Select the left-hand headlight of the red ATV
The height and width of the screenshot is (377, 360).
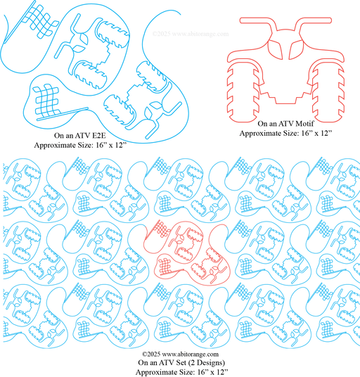coord(276,49)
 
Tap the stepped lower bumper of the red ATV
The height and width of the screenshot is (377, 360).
coord(285,96)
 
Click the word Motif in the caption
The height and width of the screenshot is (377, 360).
coord(304,124)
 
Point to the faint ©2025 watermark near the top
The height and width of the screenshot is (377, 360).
coord(191,34)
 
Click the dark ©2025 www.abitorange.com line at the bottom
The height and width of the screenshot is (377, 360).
coord(180,354)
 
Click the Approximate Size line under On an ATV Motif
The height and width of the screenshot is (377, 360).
coord(285,133)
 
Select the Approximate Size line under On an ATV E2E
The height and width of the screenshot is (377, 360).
coord(80,145)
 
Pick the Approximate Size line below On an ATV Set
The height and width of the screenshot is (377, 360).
coord(181,372)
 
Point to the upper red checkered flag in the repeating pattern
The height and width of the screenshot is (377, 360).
coord(157,231)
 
